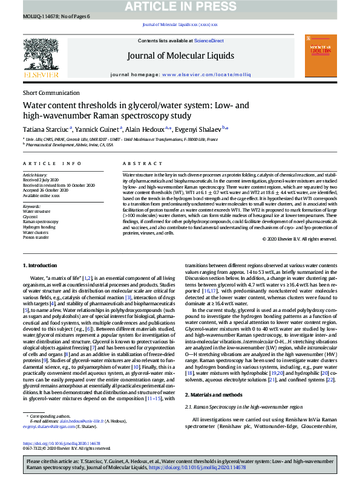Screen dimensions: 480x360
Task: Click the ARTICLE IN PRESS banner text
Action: click(180, 6)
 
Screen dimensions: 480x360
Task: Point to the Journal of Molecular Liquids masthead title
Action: click(180, 56)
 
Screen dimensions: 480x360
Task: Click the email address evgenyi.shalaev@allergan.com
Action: click(47, 426)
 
